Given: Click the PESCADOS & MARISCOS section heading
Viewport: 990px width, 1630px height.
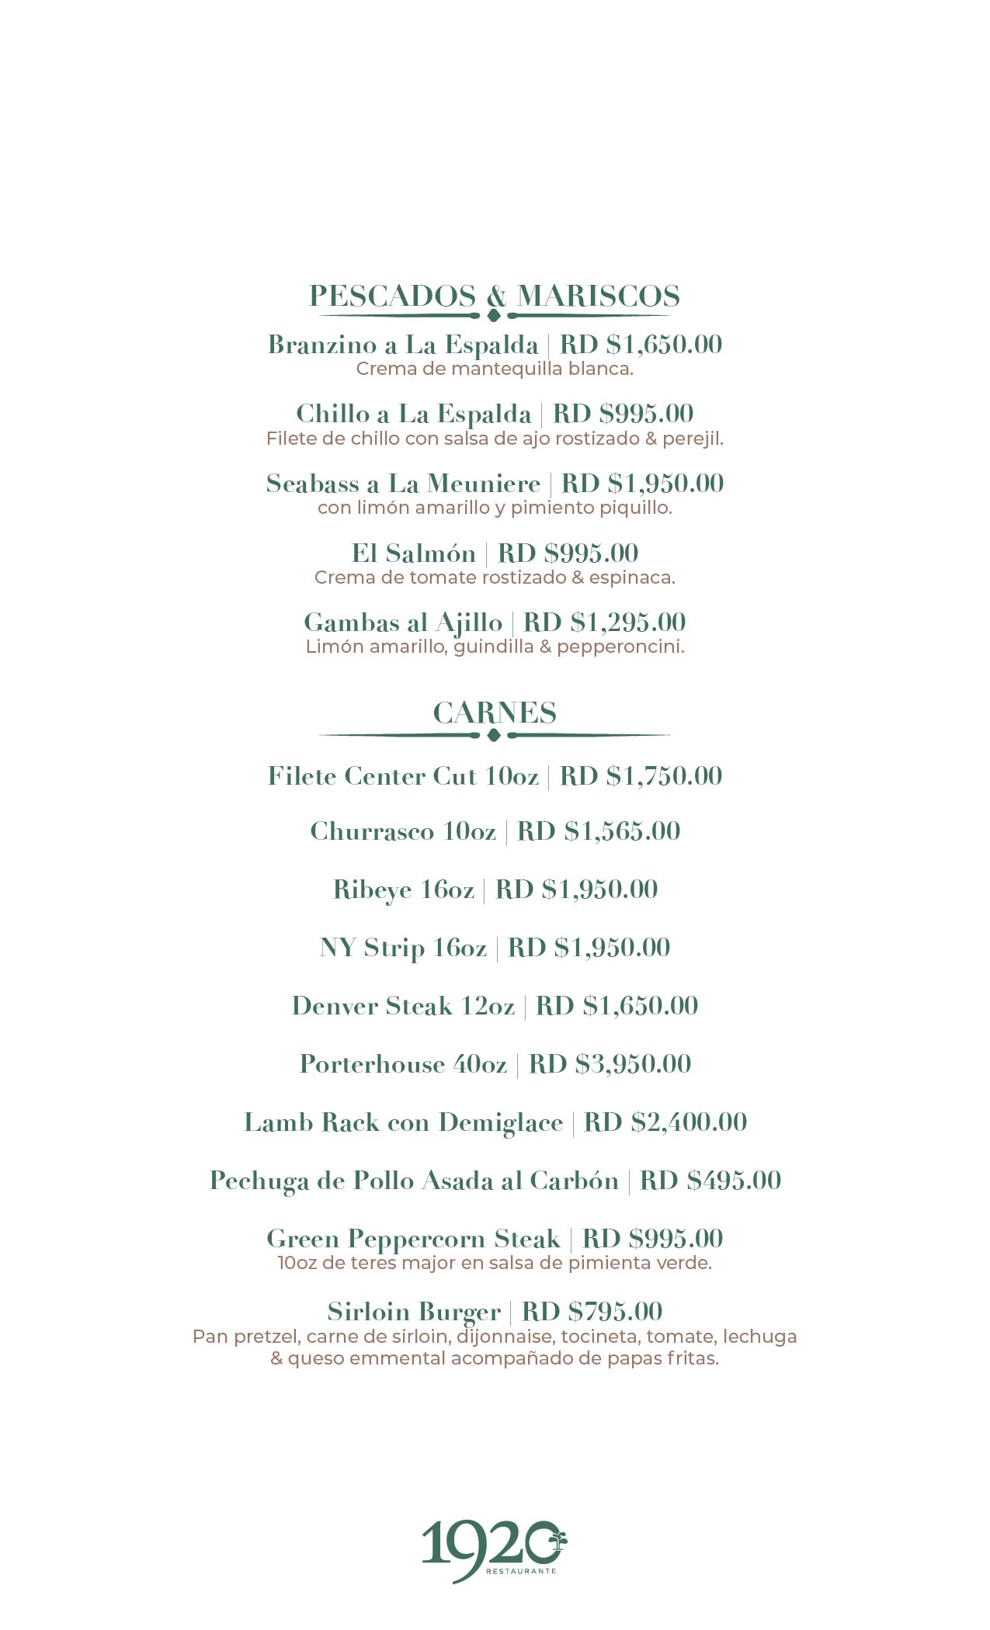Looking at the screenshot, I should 495,296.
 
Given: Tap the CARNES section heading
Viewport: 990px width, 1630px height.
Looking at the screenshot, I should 495,713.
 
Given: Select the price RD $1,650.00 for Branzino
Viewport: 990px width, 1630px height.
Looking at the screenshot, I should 641,345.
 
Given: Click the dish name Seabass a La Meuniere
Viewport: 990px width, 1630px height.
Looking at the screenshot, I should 403,484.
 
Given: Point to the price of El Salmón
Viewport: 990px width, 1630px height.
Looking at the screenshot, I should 568,553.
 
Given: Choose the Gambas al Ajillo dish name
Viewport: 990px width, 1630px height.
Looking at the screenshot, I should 403,623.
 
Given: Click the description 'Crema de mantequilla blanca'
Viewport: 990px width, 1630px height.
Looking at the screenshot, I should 495,369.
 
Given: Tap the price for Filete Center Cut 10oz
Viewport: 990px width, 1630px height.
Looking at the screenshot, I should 641,776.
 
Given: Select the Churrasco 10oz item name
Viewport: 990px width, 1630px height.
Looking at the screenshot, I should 403,831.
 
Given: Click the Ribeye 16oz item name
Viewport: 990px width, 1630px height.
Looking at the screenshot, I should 403,890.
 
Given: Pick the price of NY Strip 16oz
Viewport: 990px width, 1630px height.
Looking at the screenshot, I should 589,948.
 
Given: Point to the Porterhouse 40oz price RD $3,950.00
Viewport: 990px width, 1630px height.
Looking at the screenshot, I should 610,1064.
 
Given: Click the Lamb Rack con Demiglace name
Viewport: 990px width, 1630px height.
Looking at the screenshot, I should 403,1122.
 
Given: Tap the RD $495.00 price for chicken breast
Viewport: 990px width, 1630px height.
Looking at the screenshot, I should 710,1181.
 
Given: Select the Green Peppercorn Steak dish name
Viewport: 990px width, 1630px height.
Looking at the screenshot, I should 412,1239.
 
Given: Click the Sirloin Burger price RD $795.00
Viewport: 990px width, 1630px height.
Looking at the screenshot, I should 592,1312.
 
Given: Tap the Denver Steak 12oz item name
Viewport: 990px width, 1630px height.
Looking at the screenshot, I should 403,1006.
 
